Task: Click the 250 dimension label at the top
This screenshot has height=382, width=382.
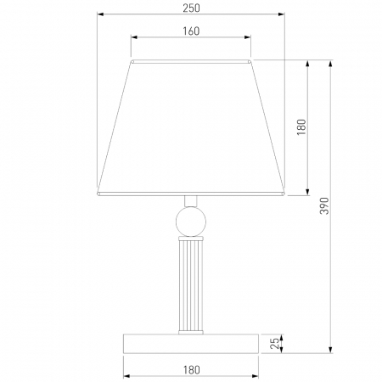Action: [x=191, y=8]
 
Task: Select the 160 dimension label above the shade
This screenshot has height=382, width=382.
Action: [x=191, y=31]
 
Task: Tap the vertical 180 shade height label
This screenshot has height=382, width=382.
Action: [x=301, y=127]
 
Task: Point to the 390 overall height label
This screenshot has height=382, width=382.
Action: [x=324, y=206]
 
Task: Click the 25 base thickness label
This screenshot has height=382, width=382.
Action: [x=274, y=344]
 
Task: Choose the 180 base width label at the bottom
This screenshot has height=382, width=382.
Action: [x=191, y=370]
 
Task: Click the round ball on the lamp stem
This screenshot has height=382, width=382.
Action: [x=191, y=222]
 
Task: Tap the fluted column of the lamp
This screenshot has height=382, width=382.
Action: [x=191, y=285]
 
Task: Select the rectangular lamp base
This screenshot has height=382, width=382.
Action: [x=191, y=344]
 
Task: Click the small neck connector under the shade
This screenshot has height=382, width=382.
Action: [x=191, y=201]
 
